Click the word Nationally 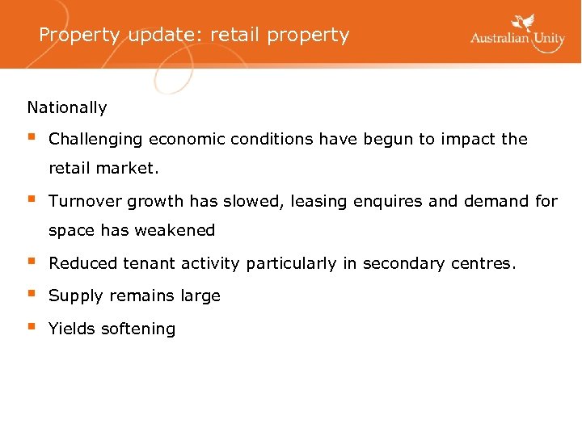[x=67, y=107]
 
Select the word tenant [x=148, y=263]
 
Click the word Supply [x=72, y=296]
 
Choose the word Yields [x=70, y=329]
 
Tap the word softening [x=136, y=329]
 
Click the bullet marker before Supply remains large [x=31, y=295]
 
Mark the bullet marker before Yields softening [x=31, y=327]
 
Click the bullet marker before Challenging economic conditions [x=31, y=137]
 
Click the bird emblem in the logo [x=526, y=23]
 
